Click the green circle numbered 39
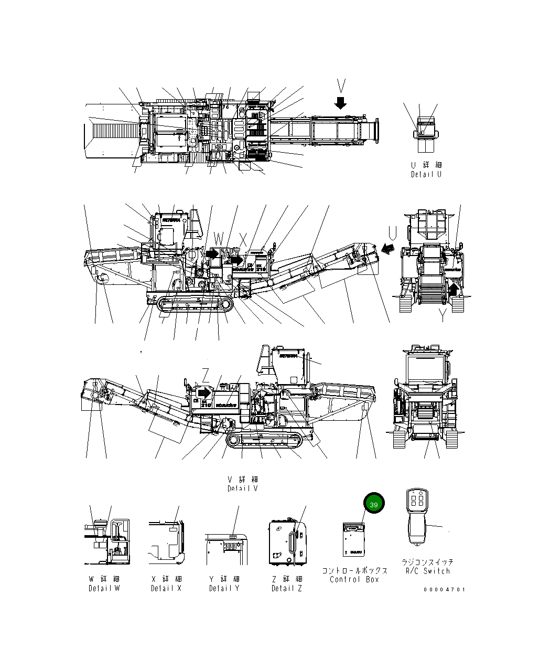point(373,505)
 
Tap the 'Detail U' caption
point(426,174)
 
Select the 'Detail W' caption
point(104,588)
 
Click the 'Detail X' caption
point(166,588)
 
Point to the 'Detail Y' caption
point(224,588)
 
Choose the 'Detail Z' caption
point(286,588)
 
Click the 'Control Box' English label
point(354,579)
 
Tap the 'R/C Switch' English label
point(427,571)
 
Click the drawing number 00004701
point(444,589)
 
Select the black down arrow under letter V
point(341,102)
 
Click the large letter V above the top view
point(341,86)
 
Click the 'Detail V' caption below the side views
point(242,488)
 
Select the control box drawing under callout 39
point(354,539)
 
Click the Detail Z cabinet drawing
point(286,542)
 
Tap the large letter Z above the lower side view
point(206,375)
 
